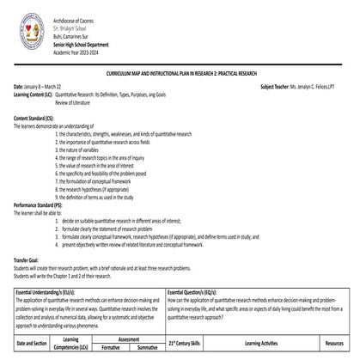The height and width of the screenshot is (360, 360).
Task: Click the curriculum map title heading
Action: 179,76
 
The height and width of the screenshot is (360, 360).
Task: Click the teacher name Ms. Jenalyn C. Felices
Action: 308,88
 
